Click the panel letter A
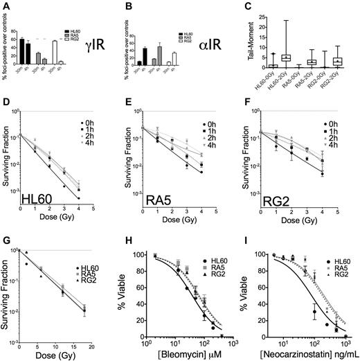click(6, 6)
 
